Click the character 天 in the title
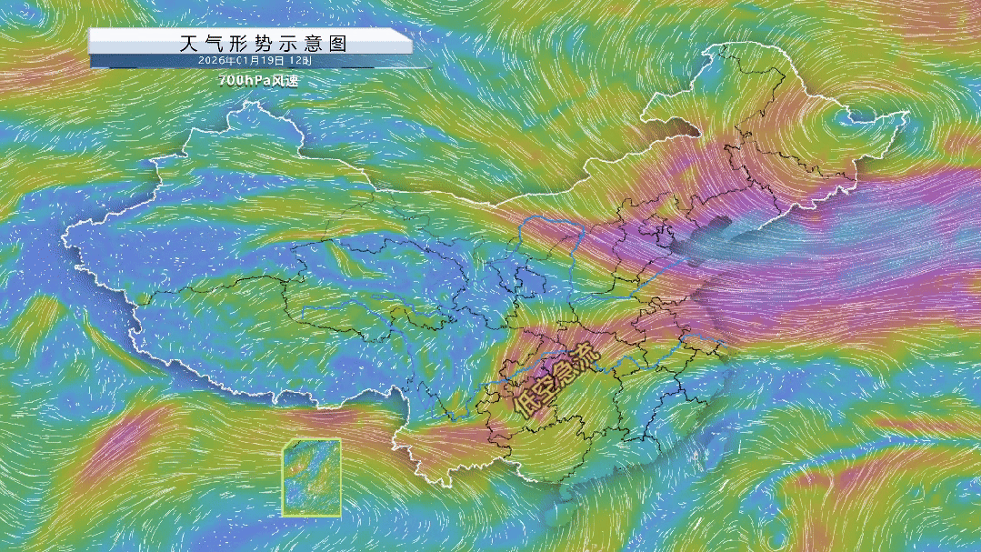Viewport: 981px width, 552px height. tap(188, 43)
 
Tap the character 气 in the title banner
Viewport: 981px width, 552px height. tap(215, 43)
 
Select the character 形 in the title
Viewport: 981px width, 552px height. tap(241, 43)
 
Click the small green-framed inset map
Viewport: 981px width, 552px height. tap(312, 477)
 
